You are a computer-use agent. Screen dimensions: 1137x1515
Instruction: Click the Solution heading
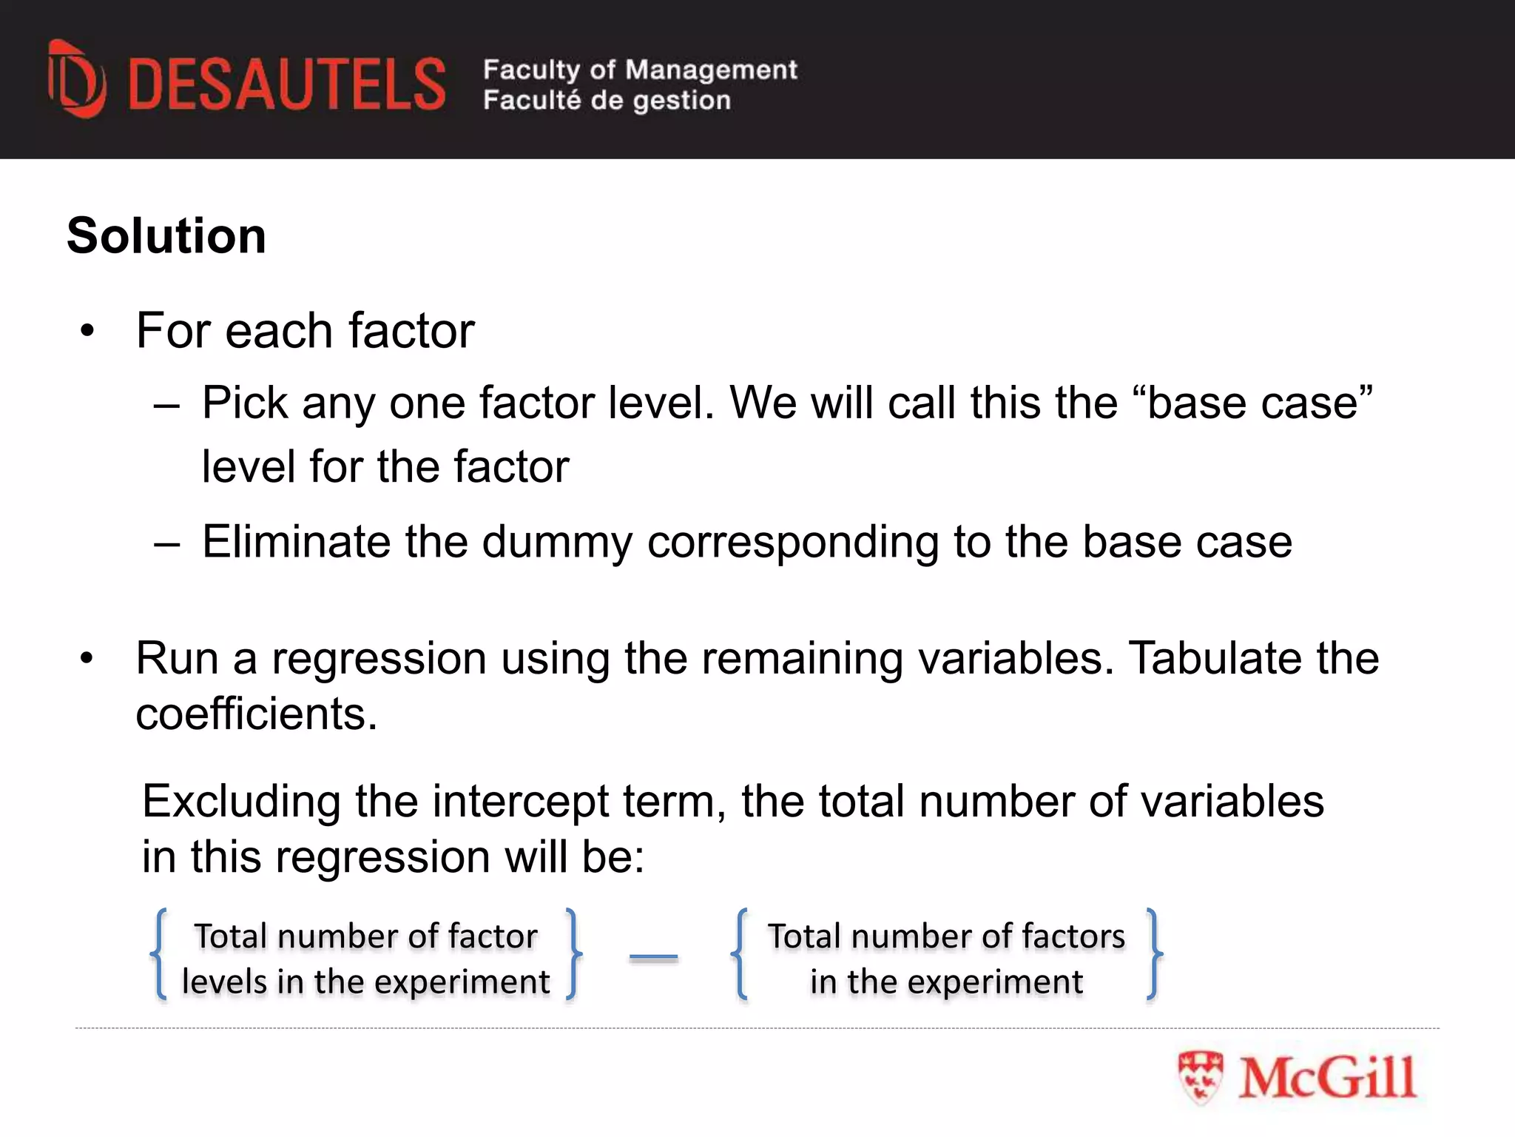point(166,236)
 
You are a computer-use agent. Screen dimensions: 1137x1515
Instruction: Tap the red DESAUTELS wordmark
point(287,84)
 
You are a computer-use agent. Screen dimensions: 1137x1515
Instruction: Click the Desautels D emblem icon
point(76,79)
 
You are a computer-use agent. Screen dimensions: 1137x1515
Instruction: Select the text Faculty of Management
point(640,70)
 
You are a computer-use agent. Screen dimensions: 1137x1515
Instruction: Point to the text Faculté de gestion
point(607,100)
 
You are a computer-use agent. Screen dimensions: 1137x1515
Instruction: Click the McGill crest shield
point(1200,1077)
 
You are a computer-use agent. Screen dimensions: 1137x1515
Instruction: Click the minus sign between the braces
point(653,956)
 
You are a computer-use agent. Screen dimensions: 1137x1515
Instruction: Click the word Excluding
point(241,802)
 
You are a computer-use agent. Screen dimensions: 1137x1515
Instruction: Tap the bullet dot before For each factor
point(87,330)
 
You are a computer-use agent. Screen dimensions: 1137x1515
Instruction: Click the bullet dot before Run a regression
point(87,657)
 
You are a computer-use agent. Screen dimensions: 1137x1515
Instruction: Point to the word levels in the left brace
point(223,982)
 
